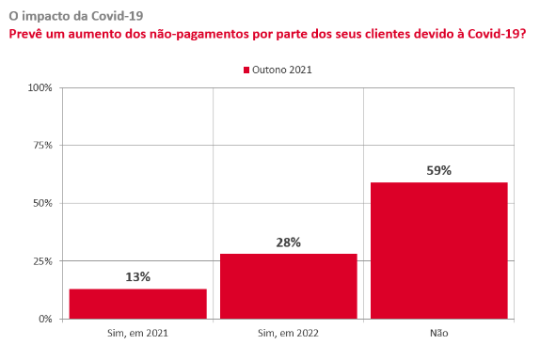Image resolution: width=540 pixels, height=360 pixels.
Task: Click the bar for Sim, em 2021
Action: click(x=137, y=304)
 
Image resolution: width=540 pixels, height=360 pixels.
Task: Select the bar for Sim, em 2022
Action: click(x=289, y=287)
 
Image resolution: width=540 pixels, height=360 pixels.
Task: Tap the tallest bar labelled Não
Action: click(x=439, y=251)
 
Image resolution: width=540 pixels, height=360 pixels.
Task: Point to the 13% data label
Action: click(x=137, y=276)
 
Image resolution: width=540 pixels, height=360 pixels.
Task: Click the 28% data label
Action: click(x=288, y=243)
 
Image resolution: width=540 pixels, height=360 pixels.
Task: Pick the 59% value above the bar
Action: click(x=438, y=170)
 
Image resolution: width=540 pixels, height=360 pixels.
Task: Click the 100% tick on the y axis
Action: click(x=40, y=87)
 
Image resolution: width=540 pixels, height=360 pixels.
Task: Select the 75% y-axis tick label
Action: click(x=42, y=146)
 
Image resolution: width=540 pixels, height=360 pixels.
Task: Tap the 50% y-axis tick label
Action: click(x=42, y=203)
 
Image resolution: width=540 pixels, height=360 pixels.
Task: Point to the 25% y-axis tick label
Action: click(x=42, y=261)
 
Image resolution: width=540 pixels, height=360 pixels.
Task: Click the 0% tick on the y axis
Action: click(x=45, y=319)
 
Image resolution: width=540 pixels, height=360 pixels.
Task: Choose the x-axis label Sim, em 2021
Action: click(x=137, y=333)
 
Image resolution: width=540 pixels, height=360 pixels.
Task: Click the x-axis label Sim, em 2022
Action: click(x=288, y=333)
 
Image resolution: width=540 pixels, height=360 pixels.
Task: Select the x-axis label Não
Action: click(x=439, y=333)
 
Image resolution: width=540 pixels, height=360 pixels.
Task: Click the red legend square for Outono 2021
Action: click(x=246, y=70)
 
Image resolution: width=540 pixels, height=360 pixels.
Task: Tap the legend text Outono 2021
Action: click(x=282, y=70)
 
